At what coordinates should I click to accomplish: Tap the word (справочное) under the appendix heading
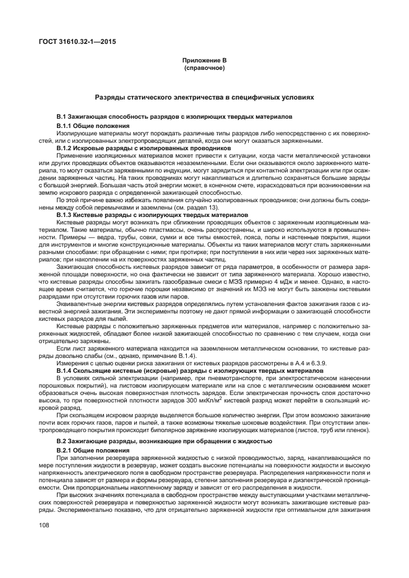204,67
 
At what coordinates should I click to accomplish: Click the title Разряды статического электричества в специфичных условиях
204,98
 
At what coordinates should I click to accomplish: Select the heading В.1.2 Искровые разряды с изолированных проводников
135,148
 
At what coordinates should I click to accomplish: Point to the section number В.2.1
66,451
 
